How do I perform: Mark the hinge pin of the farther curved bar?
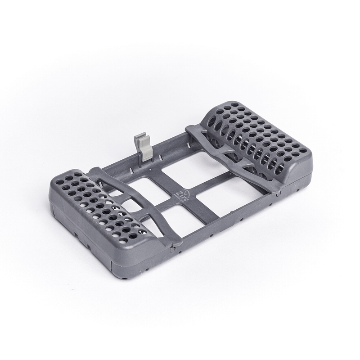point(279,193)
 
